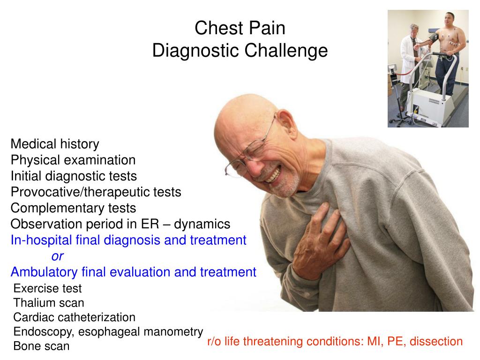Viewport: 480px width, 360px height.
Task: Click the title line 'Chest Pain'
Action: [x=240, y=29]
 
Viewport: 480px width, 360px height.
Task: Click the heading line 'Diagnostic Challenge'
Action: [x=240, y=51]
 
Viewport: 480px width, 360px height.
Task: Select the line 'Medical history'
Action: [x=55, y=144]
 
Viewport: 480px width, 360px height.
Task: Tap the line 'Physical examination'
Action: [x=73, y=160]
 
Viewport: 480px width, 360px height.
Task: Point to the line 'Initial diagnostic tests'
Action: [x=74, y=176]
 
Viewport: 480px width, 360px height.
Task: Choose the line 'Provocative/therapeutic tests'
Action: [x=96, y=192]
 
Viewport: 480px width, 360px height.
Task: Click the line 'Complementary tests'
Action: [x=73, y=208]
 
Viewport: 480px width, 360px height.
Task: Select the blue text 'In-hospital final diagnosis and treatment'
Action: [x=128, y=240]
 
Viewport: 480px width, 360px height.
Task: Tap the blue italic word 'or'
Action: [x=57, y=256]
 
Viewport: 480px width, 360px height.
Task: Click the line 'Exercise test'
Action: [x=47, y=288]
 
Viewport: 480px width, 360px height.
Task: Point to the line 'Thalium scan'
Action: [x=49, y=303]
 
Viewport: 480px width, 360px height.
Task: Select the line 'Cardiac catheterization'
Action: [x=74, y=317]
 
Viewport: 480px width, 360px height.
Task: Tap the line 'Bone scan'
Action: [x=41, y=346]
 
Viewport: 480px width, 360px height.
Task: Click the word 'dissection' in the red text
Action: [x=436, y=341]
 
